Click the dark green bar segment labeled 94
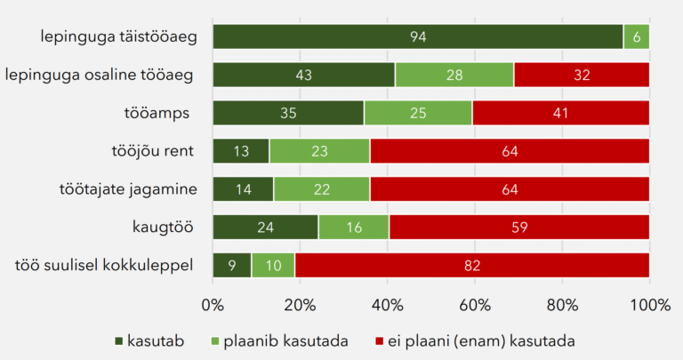pyautogui.click(x=417, y=36)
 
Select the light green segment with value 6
pyautogui.click(x=636, y=36)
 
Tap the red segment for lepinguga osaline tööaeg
pyautogui.click(x=582, y=75)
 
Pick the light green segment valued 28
pyautogui.click(x=454, y=75)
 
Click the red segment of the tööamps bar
pyautogui.click(x=560, y=113)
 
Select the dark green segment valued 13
pyautogui.click(x=241, y=151)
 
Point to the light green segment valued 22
pyautogui.click(x=322, y=189)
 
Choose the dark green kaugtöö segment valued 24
pyautogui.click(x=265, y=228)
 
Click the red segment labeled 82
pyautogui.click(x=471, y=266)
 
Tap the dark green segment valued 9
pyautogui.click(x=232, y=266)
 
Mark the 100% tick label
pyautogui.click(x=648, y=305)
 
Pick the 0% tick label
pyautogui.click(x=213, y=305)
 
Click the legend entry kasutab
pyautogui.click(x=150, y=340)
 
